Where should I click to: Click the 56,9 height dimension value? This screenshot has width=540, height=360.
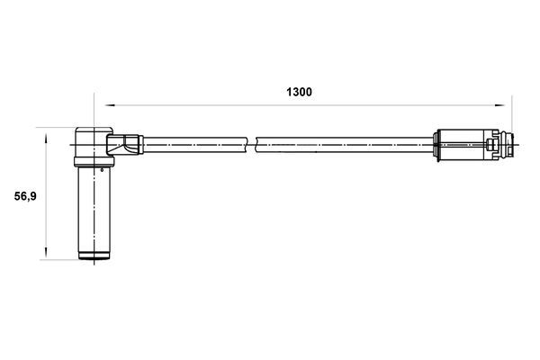(23, 195)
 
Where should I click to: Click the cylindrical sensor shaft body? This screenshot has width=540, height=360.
(93, 211)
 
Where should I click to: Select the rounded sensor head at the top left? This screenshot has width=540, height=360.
(90, 142)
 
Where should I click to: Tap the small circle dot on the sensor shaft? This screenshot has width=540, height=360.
(104, 166)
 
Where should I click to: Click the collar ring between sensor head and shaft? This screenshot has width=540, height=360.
(93, 162)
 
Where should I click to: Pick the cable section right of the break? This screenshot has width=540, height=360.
(342, 141)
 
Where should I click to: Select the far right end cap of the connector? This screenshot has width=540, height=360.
(509, 143)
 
